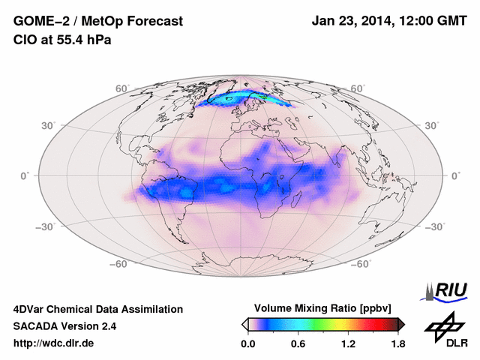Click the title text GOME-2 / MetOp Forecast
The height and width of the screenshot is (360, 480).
click(97, 22)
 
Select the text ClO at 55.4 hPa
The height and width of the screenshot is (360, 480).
click(62, 40)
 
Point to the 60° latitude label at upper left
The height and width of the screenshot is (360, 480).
click(122, 88)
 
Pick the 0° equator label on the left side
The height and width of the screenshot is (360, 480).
click(25, 175)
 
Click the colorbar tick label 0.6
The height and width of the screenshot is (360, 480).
click(298, 343)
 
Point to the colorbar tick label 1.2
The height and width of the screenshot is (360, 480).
click(348, 343)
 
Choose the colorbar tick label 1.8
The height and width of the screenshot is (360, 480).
click(397, 343)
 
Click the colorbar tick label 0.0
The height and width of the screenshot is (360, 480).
click(247, 343)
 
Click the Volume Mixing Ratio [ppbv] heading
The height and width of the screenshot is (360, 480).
click(323, 309)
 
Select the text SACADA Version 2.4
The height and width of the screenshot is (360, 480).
click(64, 326)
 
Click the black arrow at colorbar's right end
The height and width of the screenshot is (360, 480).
click(401, 324)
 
